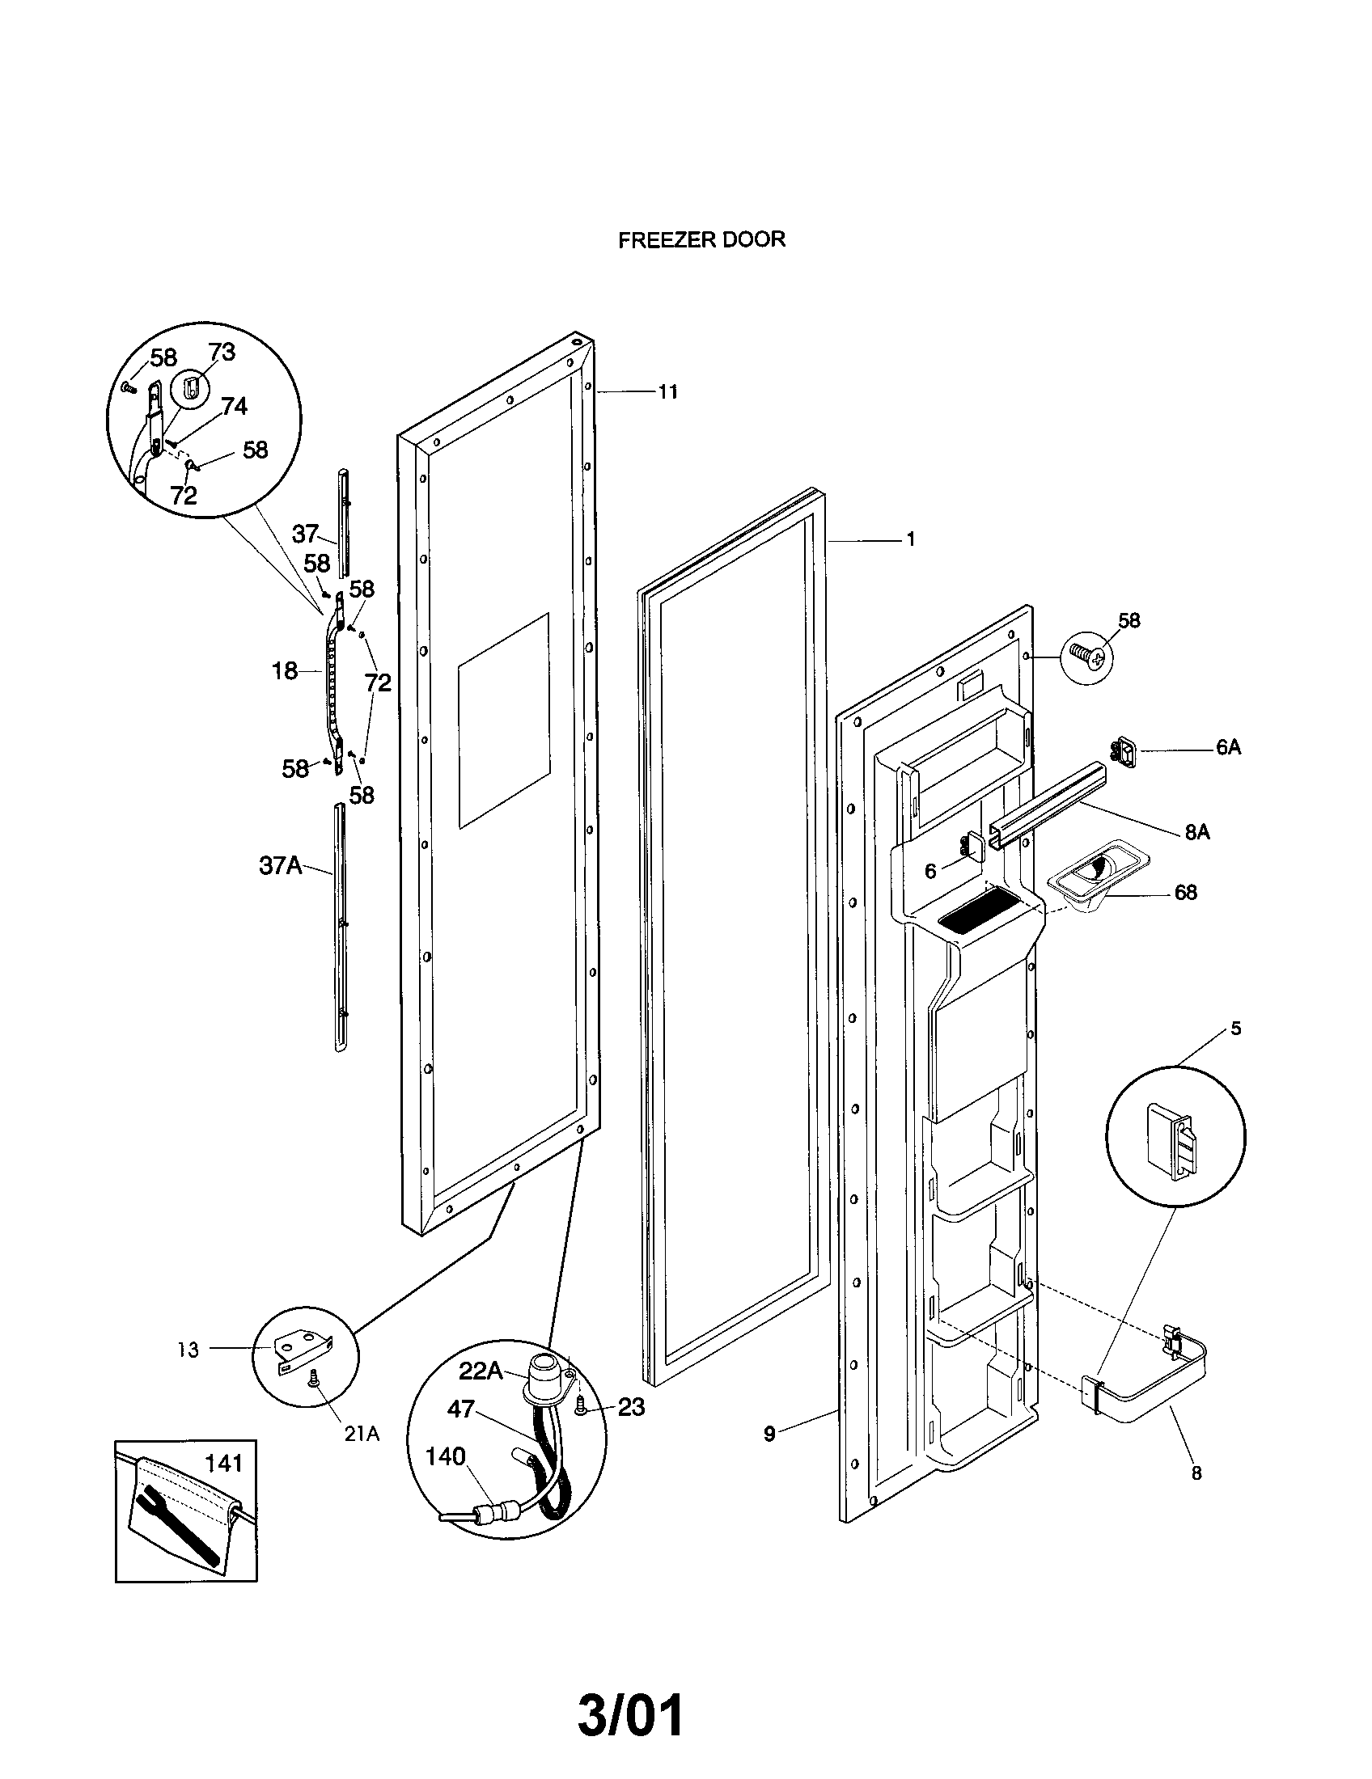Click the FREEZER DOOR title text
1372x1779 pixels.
point(701,239)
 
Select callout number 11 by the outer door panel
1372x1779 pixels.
point(667,392)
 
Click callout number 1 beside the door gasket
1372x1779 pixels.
point(911,539)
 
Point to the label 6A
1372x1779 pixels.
point(1228,747)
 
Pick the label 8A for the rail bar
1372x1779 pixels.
point(1196,832)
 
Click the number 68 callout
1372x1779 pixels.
point(1185,893)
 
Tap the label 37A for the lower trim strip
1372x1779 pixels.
point(280,865)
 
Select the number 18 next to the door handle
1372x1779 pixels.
point(284,671)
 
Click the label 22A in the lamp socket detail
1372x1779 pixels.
point(481,1371)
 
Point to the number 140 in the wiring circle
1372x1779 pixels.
point(445,1456)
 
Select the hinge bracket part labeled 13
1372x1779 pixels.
point(304,1350)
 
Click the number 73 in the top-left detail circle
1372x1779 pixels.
point(222,352)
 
